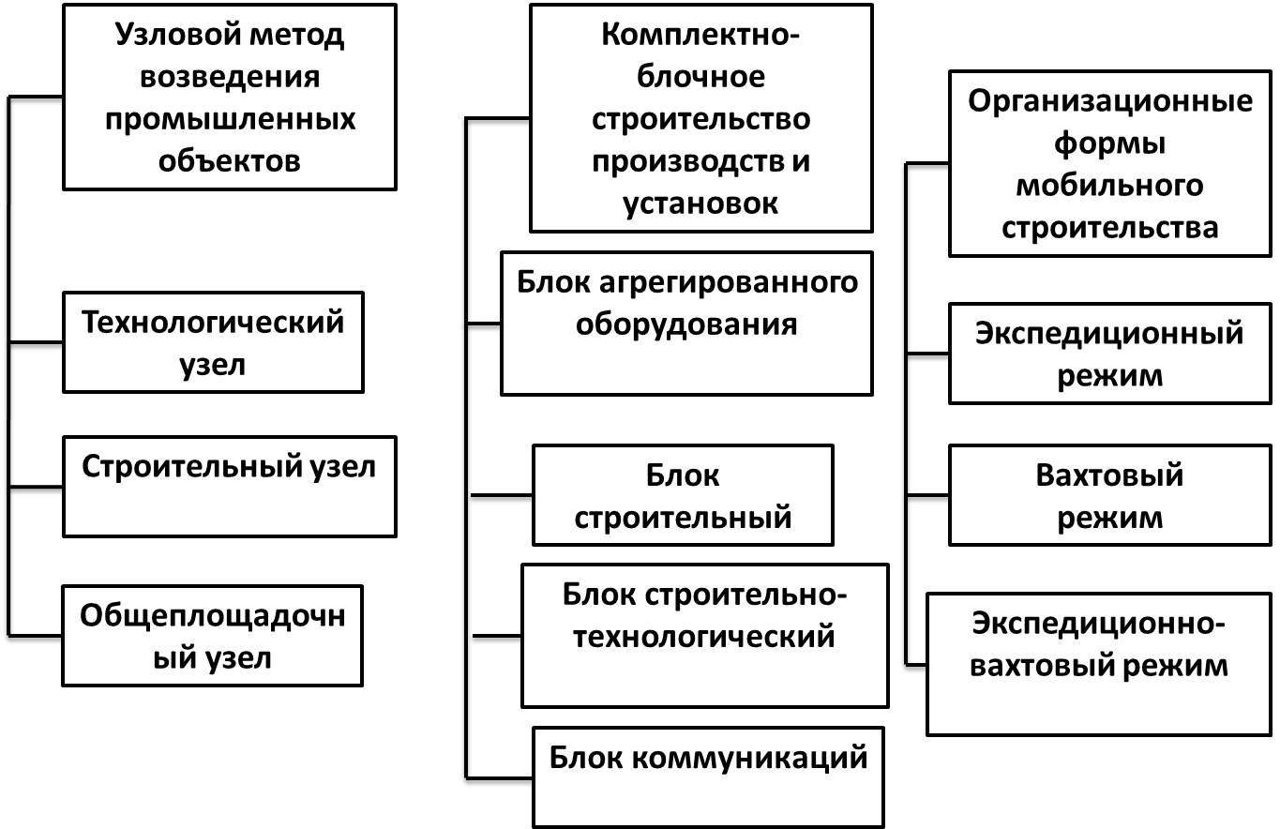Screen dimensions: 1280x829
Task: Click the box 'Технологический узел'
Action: click(x=213, y=342)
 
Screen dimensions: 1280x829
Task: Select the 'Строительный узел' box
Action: click(x=229, y=487)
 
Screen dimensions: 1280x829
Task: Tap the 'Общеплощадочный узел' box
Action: click(x=213, y=636)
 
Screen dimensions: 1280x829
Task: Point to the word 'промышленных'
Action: click(x=231, y=120)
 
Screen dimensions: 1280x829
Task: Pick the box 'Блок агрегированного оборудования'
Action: click(x=686, y=324)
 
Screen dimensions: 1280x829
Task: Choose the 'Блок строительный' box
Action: click(x=683, y=495)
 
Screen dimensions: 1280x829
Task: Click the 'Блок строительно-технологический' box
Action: click(x=705, y=636)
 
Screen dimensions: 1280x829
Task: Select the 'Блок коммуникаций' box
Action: click(x=709, y=777)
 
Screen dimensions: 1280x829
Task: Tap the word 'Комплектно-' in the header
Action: click(x=700, y=35)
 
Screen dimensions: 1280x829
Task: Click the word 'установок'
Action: click(x=700, y=203)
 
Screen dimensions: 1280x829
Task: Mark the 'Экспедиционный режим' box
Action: click(x=1109, y=354)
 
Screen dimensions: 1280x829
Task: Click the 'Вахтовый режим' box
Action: click(x=1109, y=495)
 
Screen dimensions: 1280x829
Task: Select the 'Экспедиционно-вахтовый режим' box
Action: click(x=1099, y=665)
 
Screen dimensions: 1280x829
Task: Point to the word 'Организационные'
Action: click(x=1110, y=101)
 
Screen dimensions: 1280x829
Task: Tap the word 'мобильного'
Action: click(x=1109, y=186)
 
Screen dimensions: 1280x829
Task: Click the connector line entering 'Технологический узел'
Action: click(x=36, y=342)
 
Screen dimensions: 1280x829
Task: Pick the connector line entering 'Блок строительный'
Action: click(x=502, y=495)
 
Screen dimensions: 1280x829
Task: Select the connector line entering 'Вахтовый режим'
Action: click(x=927, y=495)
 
